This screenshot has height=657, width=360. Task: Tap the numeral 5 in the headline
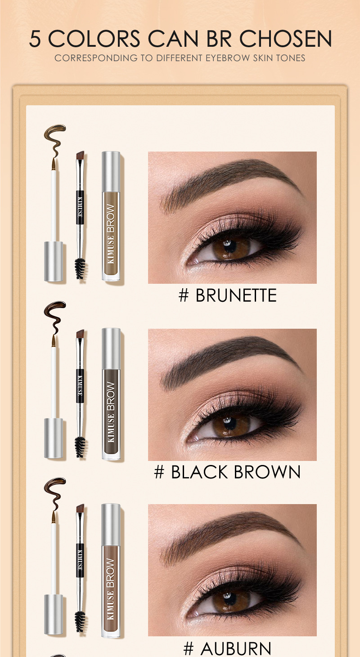click(36, 39)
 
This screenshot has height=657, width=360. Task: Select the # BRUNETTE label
click(227, 295)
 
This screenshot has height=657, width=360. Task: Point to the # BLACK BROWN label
click(227, 472)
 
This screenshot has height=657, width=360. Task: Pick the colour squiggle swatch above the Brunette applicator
click(54, 138)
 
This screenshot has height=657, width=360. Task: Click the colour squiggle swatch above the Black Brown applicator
click(54, 315)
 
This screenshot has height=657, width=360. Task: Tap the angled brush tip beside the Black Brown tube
click(81, 334)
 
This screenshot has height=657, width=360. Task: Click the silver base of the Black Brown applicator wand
click(54, 438)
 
